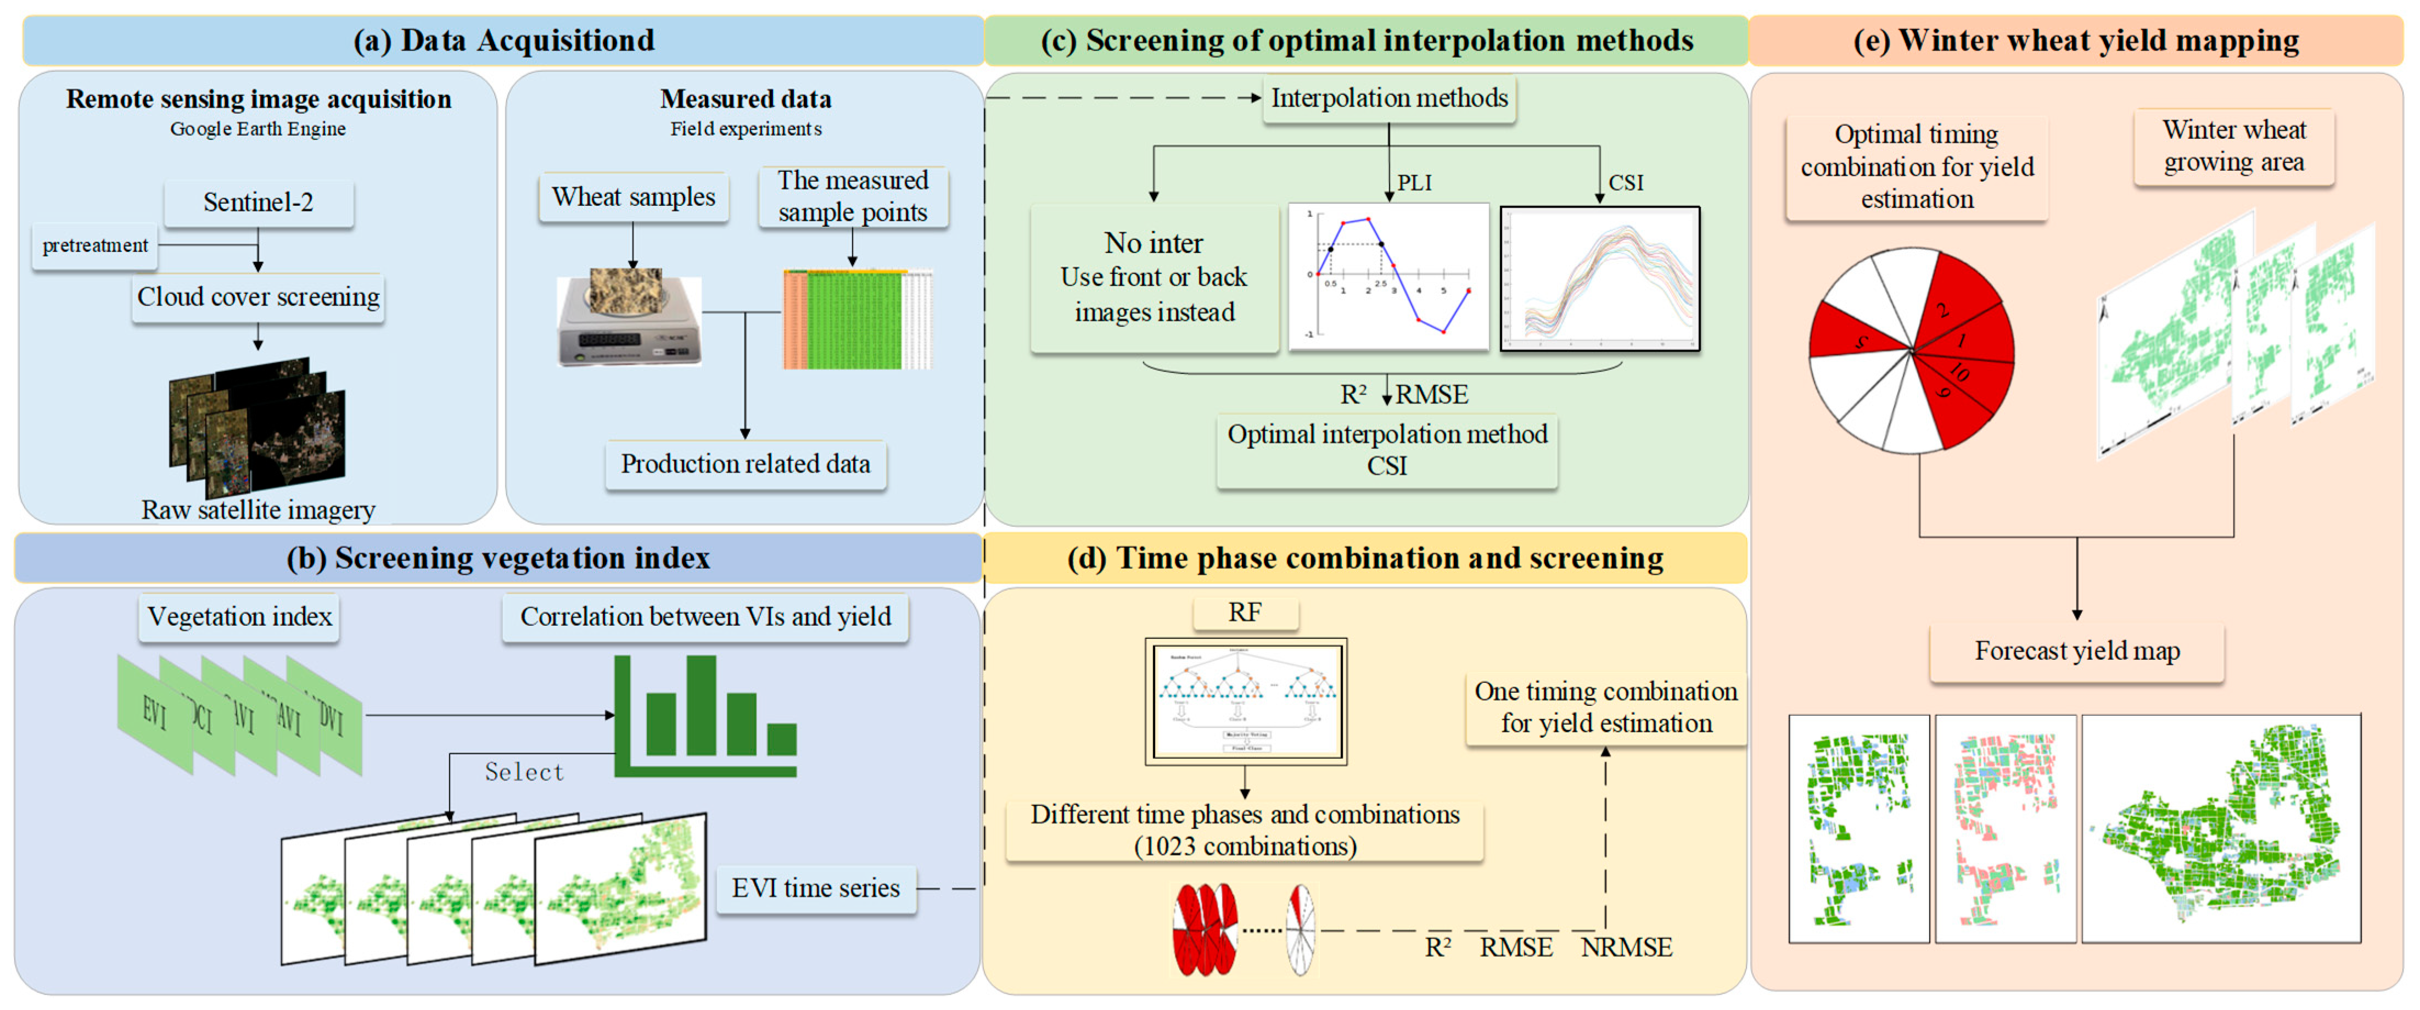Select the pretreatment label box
tap(95, 246)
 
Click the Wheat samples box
tap(633, 197)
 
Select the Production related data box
tap(745, 464)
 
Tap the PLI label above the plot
tap(1414, 182)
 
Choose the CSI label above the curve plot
tap(1625, 182)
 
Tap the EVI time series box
tap(815, 888)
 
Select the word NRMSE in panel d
tap(1626, 947)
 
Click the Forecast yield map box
tap(2076, 651)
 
